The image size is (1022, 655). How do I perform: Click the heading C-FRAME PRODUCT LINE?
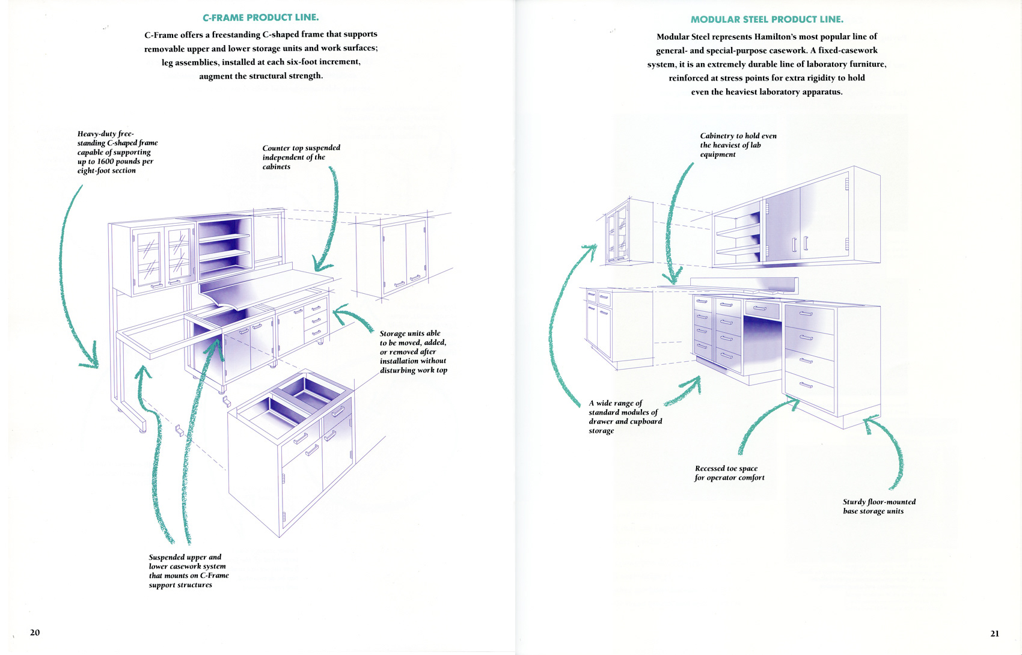tap(260, 17)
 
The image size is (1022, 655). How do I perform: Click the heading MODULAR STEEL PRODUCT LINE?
tap(766, 19)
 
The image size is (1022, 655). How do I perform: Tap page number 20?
tap(35, 632)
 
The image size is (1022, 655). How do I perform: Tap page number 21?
tap(994, 633)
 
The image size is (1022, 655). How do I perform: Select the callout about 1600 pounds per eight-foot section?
tap(117, 152)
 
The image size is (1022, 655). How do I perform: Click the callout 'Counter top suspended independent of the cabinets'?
tap(301, 157)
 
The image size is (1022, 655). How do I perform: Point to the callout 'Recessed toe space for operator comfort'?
tap(729, 473)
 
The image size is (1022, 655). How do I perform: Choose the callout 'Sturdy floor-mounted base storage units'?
tap(879, 506)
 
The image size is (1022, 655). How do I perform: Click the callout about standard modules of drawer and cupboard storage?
tap(625, 416)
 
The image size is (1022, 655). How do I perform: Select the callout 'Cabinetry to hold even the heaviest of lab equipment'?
tap(738, 145)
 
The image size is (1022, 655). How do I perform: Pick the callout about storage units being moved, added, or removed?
tap(413, 352)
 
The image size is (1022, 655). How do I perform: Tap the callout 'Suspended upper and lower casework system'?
tap(189, 571)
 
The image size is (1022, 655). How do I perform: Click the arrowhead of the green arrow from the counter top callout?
tap(320, 266)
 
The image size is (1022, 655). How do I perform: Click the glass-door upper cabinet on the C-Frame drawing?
tap(164, 255)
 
